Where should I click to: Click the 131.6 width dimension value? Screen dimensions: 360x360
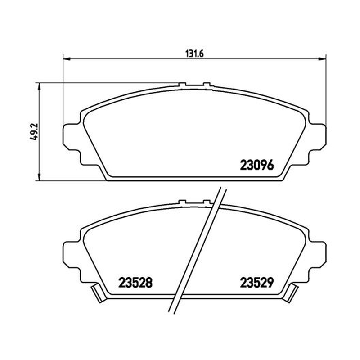point(194,54)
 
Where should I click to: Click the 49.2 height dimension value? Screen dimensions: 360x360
point(34,132)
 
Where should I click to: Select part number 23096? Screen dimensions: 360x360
point(257,165)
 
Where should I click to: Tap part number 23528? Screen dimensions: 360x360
point(135,283)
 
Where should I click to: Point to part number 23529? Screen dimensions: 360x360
point(257,283)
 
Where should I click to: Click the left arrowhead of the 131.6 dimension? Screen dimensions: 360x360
point(66,59)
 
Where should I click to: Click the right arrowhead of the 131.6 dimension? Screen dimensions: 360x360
point(322,59)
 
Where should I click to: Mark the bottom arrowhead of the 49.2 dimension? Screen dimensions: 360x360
point(40,177)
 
